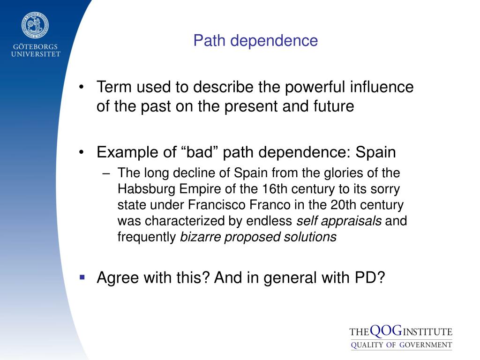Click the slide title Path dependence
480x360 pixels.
(x=256, y=41)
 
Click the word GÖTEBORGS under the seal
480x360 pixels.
(x=36, y=46)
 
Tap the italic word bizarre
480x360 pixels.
(x=201, y=237)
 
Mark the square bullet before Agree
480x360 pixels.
(x=82, y=277)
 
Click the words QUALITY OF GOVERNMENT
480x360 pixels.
(x=401, y=345)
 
